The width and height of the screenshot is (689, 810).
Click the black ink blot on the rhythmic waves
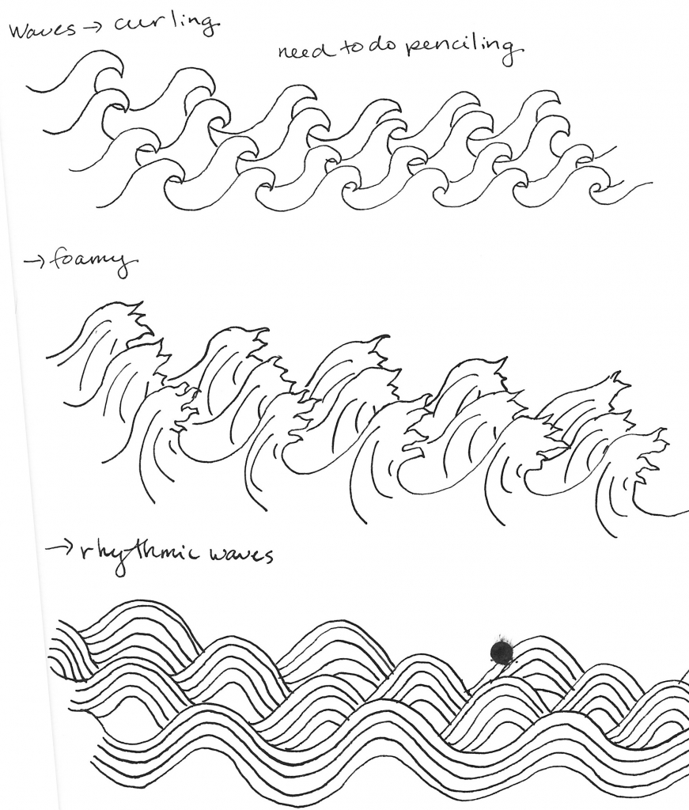pos(500,651)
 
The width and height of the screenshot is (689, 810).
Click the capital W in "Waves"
pos(17,32)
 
